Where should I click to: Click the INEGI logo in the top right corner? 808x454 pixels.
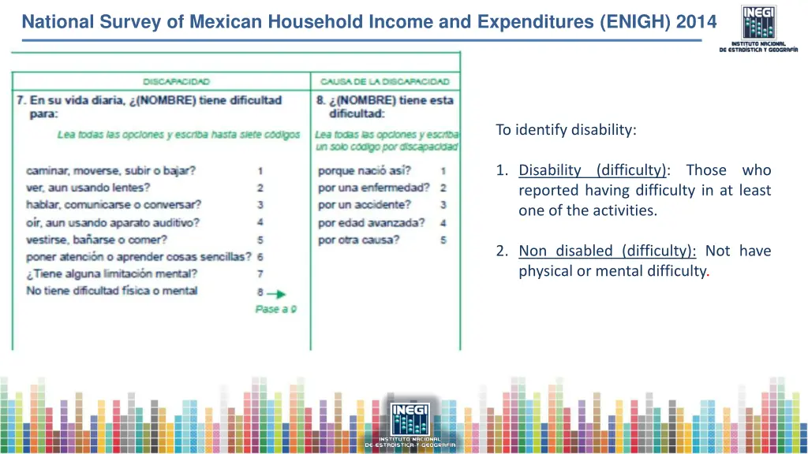point(757,27)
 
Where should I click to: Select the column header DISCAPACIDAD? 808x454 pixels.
point(176,81)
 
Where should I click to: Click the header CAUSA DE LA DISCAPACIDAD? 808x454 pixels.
point(384,81)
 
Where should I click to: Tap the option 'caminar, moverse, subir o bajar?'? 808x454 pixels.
point(110,170)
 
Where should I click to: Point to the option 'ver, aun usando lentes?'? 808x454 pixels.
point(88,188)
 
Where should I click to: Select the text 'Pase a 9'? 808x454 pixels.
point(275,310)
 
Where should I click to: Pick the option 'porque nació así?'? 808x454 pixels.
point(364,170)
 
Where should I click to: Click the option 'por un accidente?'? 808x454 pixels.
point(364,205)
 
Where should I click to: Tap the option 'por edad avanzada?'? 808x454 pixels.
point(371,223)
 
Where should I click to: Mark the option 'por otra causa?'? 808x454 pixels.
point(358,240)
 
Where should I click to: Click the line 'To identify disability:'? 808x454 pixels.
point(566,130)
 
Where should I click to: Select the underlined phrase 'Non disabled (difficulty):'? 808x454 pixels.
point(607,251)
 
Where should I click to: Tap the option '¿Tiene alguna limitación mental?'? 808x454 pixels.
point(111,274)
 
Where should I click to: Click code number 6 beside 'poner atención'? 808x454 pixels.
point(260,257)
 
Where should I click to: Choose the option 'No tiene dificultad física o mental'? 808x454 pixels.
point(111,291)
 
